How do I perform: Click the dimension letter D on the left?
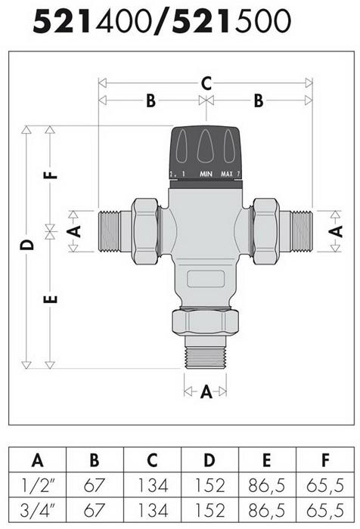point(27,245)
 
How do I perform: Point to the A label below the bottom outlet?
point(206,391)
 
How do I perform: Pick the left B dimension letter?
point(151,100)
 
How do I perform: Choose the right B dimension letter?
point(259,100)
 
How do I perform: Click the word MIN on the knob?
point(206,175)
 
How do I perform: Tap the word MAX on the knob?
point(226,175)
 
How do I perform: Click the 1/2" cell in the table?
point(37,484)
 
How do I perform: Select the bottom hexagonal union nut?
point(206,323)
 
